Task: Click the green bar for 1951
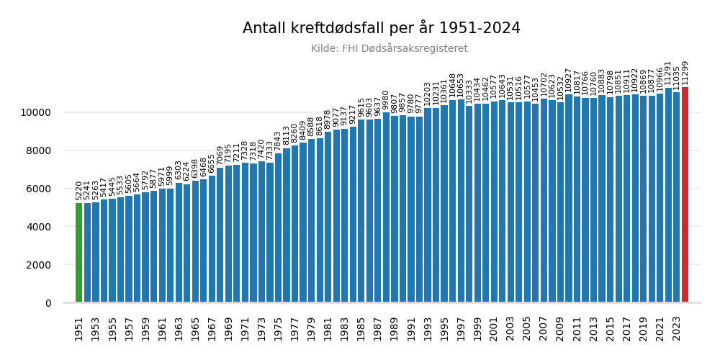click(78, 252)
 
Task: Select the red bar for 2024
click(685, 194)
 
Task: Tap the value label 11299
click(685, 73)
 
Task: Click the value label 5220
click(78, 190)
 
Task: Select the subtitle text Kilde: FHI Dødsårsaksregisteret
click(389, 49)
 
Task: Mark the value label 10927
click(569, 81)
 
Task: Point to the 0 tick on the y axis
click(48, 303)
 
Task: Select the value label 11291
click(668, 73)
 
